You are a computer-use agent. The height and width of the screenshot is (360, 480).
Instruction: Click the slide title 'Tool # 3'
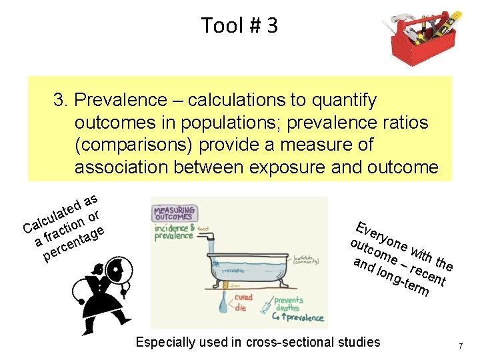[x=239, y=25]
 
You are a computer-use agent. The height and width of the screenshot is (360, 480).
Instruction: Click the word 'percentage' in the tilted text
[x=75, y=244]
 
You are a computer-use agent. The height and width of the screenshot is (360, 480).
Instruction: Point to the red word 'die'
[x=241, y=307]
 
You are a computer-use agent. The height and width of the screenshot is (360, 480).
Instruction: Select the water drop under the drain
[x=223, y=305]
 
